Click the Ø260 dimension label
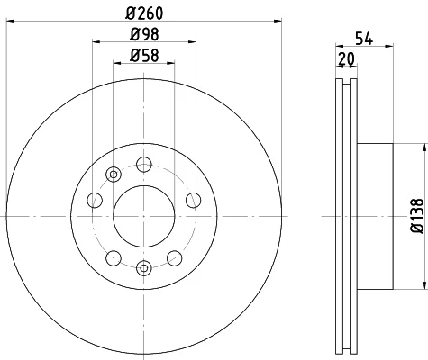[x=144, y=13]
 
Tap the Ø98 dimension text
[x=144, y=34]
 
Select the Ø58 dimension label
[x=144, y=56]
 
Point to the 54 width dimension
[x=364, y=39]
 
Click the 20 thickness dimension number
[x=346, y=58]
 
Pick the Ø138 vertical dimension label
[x=417, y=216]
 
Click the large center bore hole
[x=144, y=216]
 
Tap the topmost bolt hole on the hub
[x=144, y=164]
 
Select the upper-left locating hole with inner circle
[x=114, y=175]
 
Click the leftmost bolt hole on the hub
[x=95, y=200]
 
